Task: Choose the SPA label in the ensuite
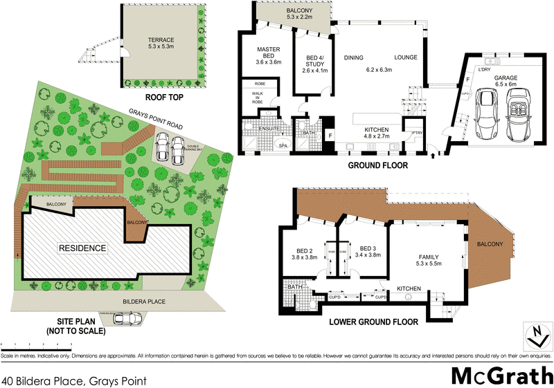(x=283, y=146)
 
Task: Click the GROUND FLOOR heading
(x=377, y=166)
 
